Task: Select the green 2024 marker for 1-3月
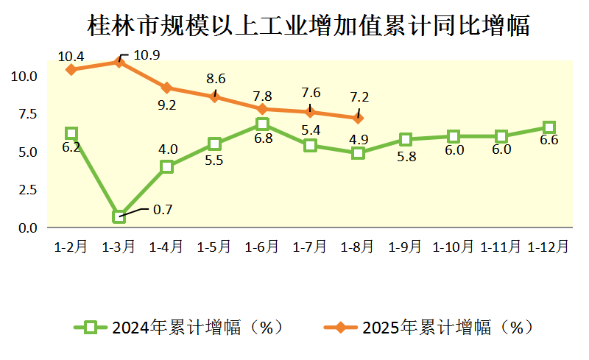point(119,216)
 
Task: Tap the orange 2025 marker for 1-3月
point(119,62)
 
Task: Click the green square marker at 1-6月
point(262,124)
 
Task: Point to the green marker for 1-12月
point(549,127)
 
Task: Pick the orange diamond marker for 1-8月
point(358,118)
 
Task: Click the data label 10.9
point(147,55)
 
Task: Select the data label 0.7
point(162,210)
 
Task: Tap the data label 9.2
point(167,105)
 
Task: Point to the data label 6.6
point(549,141)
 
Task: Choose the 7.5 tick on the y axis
point(27,114)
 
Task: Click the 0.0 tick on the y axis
point(27,228)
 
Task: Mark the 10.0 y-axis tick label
point(24,76)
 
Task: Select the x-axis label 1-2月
point(71,247)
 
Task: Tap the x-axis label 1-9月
point(406,247)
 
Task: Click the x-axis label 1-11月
point(501,247)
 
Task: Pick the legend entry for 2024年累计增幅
point(180,328)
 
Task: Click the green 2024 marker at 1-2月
point(71,133)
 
